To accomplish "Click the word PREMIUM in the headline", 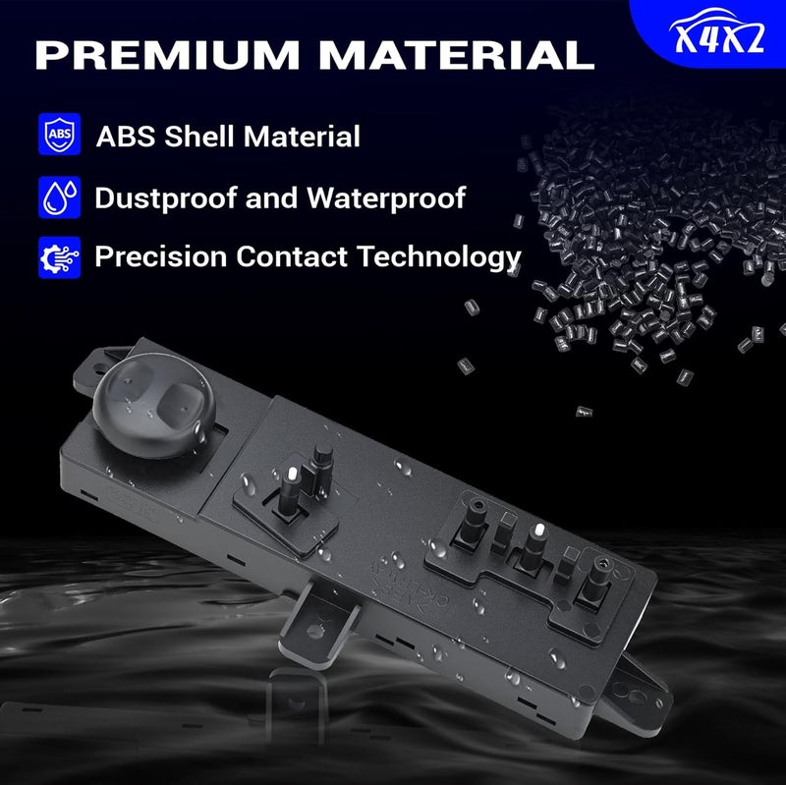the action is pyautogui.click(x=167, y=54).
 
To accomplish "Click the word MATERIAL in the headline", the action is pyautogui.click(x=457, y=54).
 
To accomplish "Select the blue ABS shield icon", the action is pyautogui.click(x=60, y=134).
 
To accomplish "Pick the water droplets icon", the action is pyautogui.click(x=60, y=197).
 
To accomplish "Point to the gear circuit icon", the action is pyautogui.click(x=60, y=257).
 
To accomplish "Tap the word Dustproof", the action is pyautogui.click(x=166, y=198).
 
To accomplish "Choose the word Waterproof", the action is pyautogui.click(x=386, y=198).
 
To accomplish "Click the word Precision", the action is pyautogui.click(x=161, y=256).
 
